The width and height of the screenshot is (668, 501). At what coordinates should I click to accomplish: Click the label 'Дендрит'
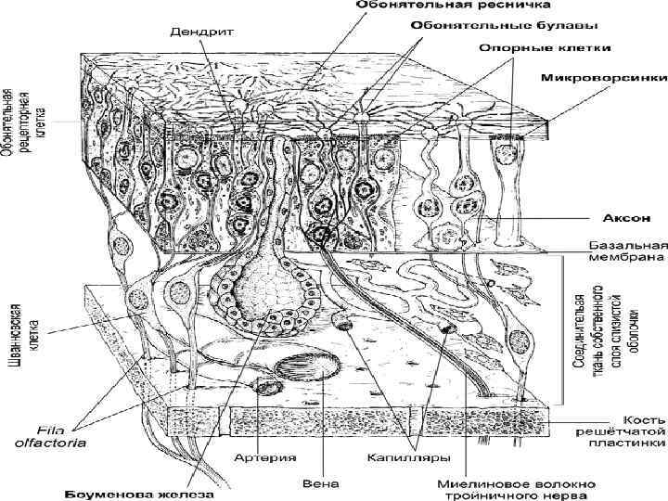202,31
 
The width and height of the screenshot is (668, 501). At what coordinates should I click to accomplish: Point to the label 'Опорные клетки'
546,46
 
